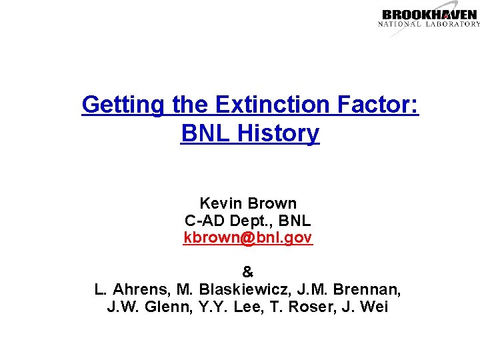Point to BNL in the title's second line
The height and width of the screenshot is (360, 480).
click(x=203, y=133)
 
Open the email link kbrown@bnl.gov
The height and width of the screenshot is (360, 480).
click(x=248, y=237)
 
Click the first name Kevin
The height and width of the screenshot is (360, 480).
click(x=221, y=203)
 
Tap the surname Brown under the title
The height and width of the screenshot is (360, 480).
click(x=272, y=203)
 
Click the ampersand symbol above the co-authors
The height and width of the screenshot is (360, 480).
click(x=248, y=272)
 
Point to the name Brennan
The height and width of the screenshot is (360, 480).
click(x=369, y=290)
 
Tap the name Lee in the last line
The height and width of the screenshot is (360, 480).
click(x=243, y=307)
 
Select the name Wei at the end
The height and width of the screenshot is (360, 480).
click(x=374, y=307)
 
